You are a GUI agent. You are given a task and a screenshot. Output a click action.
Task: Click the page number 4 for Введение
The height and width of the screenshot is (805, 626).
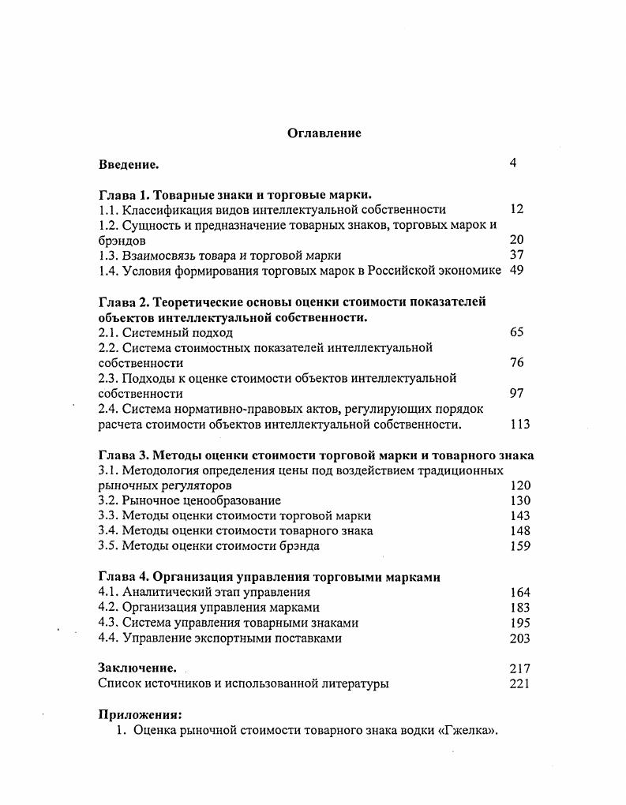coord(513,163)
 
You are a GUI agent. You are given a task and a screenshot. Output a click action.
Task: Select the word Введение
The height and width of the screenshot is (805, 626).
coord(129,164)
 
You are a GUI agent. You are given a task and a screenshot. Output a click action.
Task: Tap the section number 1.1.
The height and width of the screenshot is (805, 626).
coord(109,209)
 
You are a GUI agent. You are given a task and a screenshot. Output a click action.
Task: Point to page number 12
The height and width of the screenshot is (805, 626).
coord(517,209)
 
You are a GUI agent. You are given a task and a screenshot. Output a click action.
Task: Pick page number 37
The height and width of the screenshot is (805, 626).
coord(517,255)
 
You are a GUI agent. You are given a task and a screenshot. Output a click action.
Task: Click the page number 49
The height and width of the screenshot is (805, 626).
coord(517,270)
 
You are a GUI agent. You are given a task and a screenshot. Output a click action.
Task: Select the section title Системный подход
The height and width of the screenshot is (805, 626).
coord(178,332)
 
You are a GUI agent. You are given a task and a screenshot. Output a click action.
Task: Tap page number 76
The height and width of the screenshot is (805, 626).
coord(517,363)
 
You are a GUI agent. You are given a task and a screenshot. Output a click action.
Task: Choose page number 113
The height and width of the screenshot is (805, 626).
coord(519,425)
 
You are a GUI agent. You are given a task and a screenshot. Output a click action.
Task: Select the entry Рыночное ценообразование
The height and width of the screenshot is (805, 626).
coord(201,500)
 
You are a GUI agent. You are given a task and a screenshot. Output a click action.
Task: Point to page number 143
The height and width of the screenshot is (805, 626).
coord(520,515)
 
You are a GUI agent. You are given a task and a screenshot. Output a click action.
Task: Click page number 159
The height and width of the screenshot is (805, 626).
coord(520,546)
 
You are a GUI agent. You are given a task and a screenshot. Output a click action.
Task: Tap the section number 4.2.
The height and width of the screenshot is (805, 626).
coord(109,608)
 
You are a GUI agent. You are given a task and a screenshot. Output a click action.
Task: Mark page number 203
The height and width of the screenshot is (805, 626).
coord(520,638)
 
